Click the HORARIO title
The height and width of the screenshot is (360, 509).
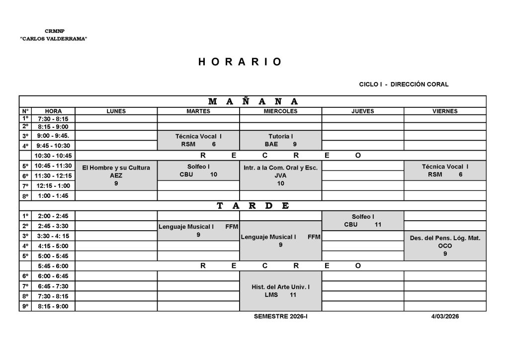point(240,62)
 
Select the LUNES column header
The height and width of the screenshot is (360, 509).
point(116,111)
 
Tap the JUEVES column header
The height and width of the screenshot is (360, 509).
point(362,111)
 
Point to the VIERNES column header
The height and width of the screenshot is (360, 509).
point(445,111)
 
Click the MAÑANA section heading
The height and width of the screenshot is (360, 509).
point(253,101)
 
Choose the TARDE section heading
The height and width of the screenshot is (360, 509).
point(253,206)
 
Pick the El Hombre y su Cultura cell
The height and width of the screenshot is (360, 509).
point(116,176)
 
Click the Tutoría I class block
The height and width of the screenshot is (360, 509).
point(280,140)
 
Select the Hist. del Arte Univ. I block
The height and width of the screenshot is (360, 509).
point(280,291)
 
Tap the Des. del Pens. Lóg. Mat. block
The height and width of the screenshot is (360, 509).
point(445,246)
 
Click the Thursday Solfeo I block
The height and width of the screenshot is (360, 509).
point(362,220)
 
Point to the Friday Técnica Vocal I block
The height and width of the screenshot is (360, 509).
point(445,171)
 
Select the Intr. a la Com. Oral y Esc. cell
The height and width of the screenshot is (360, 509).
point(280,176)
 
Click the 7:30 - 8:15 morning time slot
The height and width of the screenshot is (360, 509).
point(53,119)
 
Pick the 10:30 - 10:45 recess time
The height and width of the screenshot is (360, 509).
point(53,156)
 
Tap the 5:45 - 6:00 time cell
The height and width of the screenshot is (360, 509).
point(53,266)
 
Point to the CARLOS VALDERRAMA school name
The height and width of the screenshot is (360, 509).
point(54,39)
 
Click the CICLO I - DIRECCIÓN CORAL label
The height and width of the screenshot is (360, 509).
point(404,85)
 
